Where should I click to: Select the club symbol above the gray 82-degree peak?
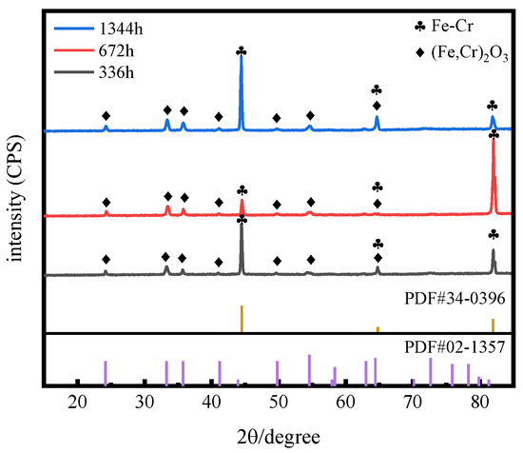[x=493, y=234]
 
